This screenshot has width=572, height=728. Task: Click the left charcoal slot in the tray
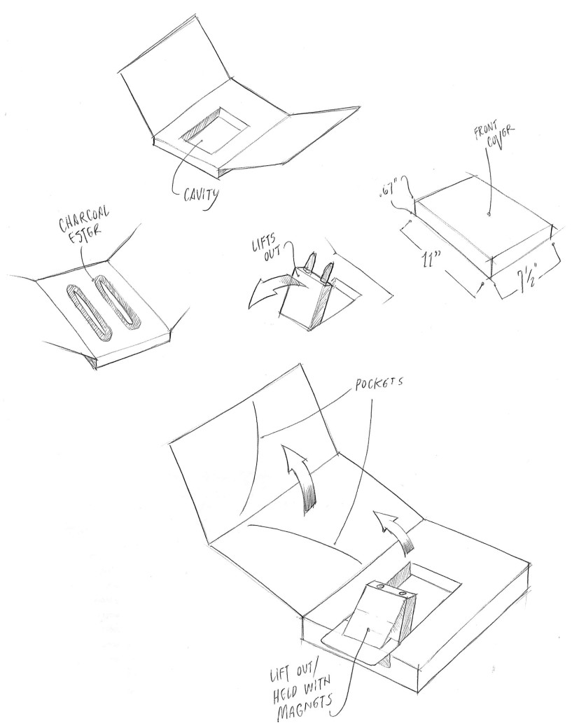[x=85, y=310]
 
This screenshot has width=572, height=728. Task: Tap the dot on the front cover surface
[x=488, y=209]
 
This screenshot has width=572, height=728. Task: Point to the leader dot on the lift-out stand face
[x=368, y=629]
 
